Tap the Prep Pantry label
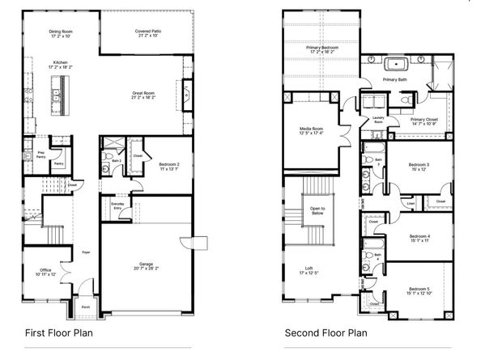click(x=40, y=153)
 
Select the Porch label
click(x=86, y=307)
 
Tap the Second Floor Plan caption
click(x=326, y=332)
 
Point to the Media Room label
click(x=311, y=130)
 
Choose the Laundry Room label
click(x=377, y=120)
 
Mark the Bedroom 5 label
click(x=418, y=290)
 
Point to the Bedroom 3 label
click(x=418, y=167)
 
